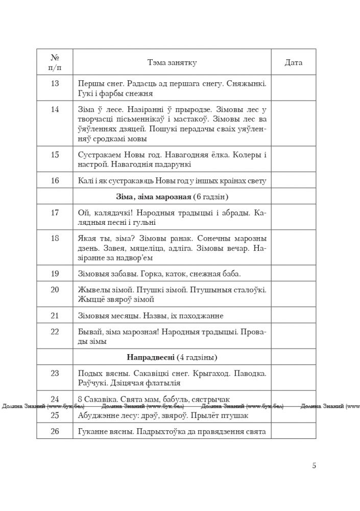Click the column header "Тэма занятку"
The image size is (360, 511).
[x=172, y=62]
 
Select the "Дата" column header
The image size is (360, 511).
[x=293, y=62]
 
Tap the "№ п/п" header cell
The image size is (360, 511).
[x=55, y=62]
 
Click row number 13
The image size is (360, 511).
[x=55, y=83]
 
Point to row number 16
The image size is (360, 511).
[x=55, y=180]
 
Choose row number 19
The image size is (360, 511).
[x=55, y=274]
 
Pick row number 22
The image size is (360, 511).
[x=55, y=331]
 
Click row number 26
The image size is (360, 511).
[x=55, y=431]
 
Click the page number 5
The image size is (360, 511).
[x=314, y=465]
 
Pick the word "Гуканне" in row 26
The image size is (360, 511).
[x=93, y=431]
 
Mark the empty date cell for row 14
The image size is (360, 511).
[x=293, y=123]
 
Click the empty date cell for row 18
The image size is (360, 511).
[x=293, y=248]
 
